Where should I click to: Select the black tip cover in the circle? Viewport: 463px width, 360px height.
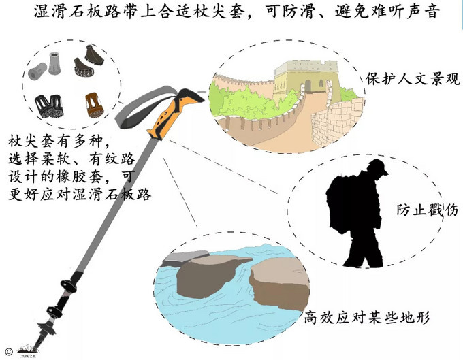pyautogui.click(x=47, y=105)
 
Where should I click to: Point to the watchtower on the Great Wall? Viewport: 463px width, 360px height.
pyautogui.click(x=304, y=78)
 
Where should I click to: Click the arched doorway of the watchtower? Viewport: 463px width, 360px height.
pyautogui.click(x=308, y=85)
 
